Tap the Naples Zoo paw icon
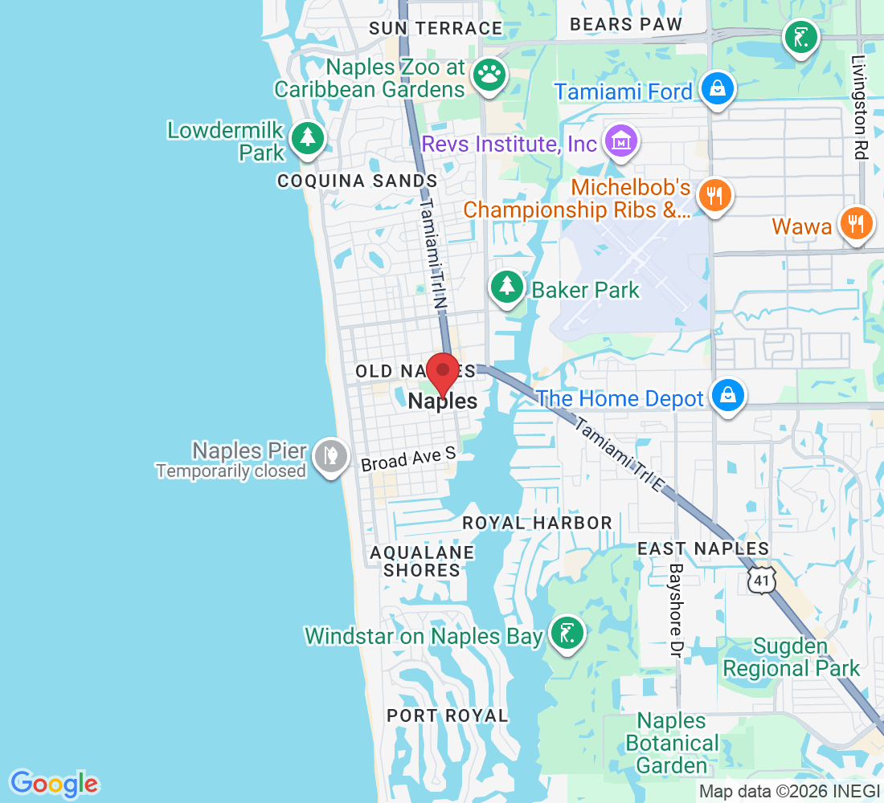(488, 75)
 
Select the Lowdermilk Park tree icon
(307, 137)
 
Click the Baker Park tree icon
(506, 286)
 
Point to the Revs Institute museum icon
(621, 141)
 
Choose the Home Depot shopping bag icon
(727, 395)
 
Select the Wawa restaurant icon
(857, 223)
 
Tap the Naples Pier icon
(330, 458)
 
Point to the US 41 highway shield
(759, 581)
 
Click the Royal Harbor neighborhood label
(538, 523)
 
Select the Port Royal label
(448, 715)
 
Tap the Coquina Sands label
(358, 181)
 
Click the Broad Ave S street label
(408, 459)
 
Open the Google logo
(54, 782)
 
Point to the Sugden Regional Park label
(791, 658)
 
